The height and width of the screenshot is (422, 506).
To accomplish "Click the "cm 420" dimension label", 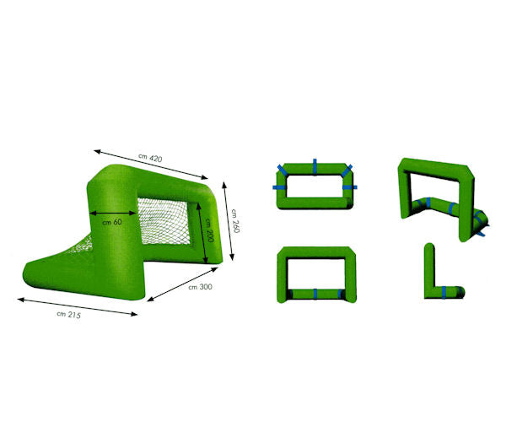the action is coord(150,158).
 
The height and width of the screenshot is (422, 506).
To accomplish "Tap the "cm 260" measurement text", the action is coord(235,221).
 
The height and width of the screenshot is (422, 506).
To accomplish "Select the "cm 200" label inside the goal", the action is coord(209,230).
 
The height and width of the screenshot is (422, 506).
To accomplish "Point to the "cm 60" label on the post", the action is coord(112,222).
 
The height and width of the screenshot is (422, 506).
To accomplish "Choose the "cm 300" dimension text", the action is coord(200,287).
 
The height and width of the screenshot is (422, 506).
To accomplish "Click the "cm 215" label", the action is coord(69,315).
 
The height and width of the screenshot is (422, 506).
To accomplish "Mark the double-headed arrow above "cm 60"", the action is coord(113,213).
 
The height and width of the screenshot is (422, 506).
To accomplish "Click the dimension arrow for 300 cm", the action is coord(183,284).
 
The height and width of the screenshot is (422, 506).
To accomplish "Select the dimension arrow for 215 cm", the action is coord(78,306).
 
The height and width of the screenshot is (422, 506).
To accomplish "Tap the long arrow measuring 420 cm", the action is coord(151,164).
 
